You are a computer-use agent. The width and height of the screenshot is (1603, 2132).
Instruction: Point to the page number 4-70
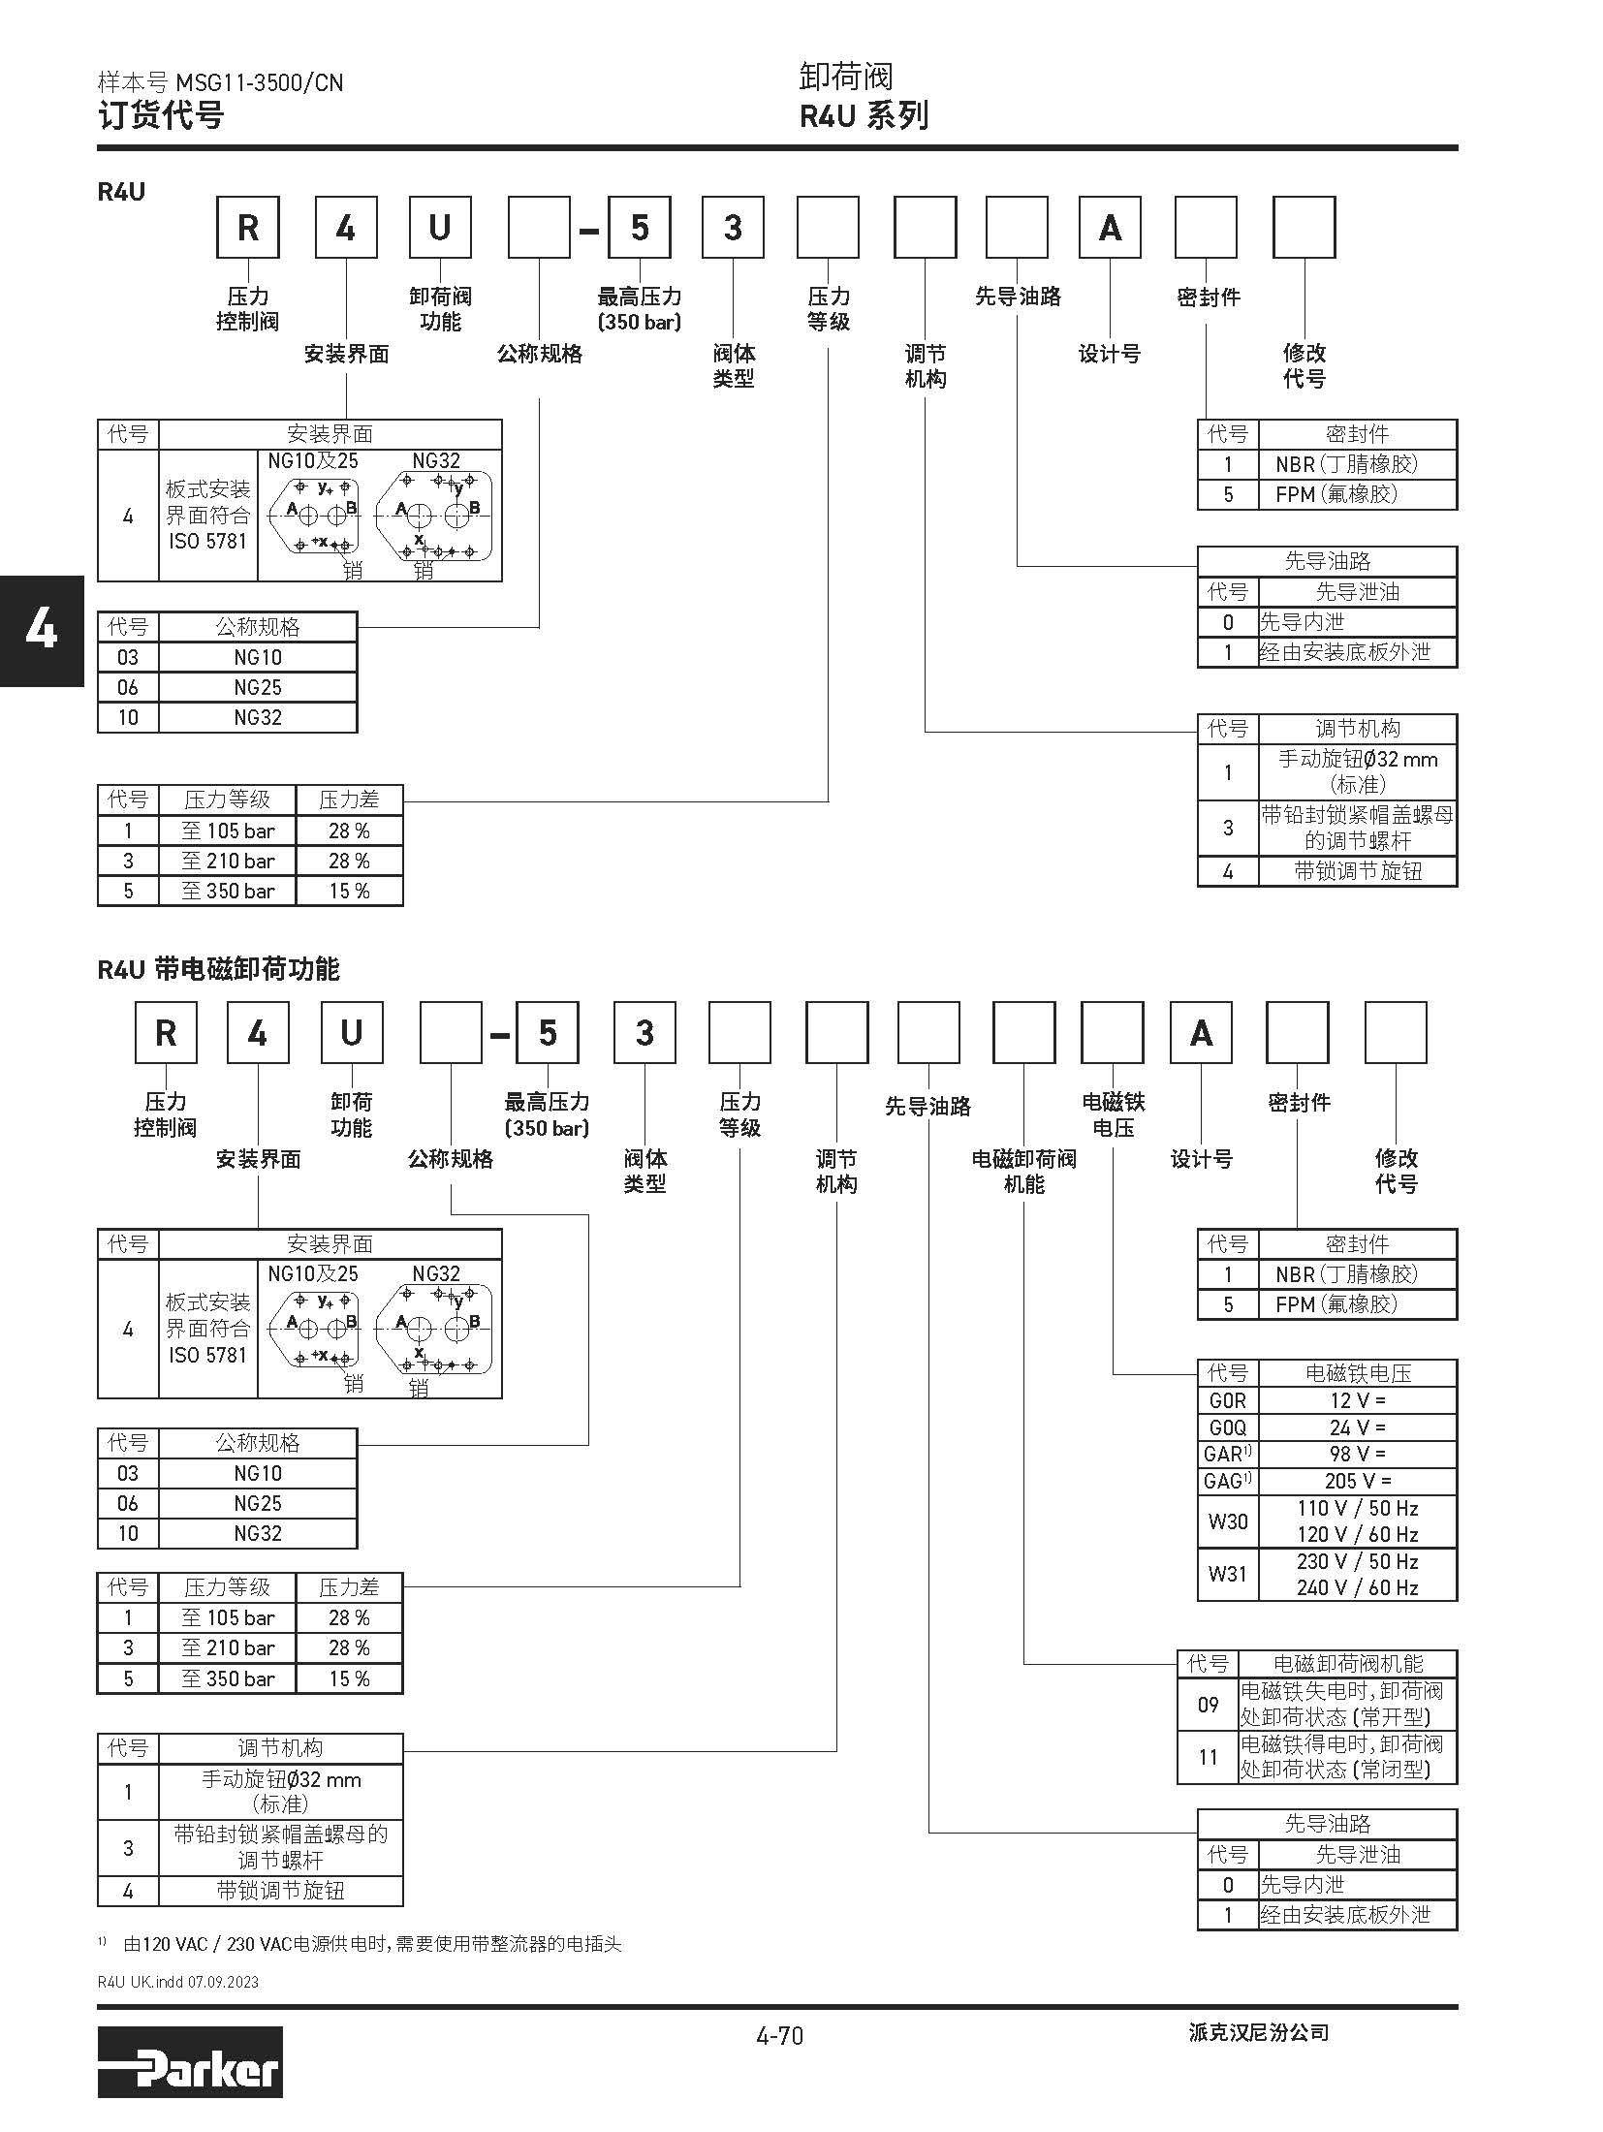tap(779, 2035)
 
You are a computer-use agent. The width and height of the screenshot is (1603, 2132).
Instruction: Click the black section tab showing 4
tap(42, 631)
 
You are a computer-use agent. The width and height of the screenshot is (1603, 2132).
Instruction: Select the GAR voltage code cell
tap(1227, 1454)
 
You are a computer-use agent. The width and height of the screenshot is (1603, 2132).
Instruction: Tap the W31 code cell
tap(1227, 1574)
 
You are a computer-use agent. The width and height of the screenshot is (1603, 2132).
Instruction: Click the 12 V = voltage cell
tap(1357, 1400)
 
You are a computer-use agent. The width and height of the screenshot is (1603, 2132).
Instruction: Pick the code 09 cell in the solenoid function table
tap(1208, 1704)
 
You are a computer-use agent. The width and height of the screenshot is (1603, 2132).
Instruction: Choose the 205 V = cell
tap(1357, 1481)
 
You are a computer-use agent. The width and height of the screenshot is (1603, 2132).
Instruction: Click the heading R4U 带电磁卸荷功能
tap(218, 969)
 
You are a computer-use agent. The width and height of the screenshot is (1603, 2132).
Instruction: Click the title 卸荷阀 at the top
tap(845, 77)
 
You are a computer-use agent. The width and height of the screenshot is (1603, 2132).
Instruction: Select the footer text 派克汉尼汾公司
tap(1258, 2033)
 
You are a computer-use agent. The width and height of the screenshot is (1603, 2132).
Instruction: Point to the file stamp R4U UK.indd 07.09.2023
tap(178, 1982)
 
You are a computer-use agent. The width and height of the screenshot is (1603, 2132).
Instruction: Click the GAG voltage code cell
tap(1227, 1481)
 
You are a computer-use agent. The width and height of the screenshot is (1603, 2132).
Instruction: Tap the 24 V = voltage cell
tap(1357, 1427)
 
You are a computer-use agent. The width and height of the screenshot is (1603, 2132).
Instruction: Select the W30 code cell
tap(1227, 1521)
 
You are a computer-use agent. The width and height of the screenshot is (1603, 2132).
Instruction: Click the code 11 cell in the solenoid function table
tap(1208, 1757)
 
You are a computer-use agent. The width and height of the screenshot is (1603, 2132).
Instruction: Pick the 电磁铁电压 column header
tap(1357, 1373)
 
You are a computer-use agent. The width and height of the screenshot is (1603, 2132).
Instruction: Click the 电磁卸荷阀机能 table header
tap(1347, 1664)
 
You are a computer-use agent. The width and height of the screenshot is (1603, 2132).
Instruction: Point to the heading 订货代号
tap(161, 115)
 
